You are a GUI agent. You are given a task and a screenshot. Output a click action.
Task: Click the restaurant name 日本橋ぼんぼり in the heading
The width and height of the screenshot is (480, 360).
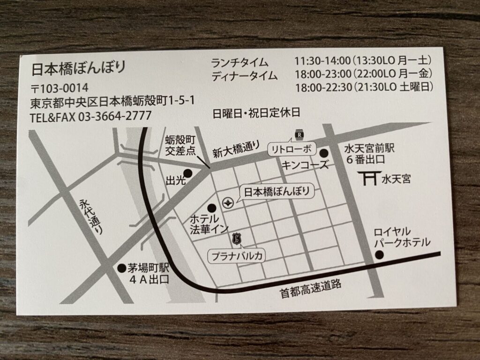tap(78, 68)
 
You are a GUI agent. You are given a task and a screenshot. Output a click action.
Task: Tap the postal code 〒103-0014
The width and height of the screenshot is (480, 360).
tap(59, 88)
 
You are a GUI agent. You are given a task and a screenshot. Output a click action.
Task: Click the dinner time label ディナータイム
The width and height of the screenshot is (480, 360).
tap(244, 75)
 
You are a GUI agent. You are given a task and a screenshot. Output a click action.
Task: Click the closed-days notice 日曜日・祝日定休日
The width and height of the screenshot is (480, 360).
tap(255, 113)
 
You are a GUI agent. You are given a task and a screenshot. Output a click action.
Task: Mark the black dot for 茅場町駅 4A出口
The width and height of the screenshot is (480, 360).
tap(121, 269)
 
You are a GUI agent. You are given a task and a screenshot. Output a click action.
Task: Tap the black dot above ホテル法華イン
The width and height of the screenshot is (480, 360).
tap(212, 207)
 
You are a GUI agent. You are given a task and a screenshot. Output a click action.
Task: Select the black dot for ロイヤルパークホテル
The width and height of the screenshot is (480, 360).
tap(380, 255)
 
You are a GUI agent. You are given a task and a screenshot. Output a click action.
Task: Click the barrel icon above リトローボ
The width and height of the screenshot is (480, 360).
tap(298, 135)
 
